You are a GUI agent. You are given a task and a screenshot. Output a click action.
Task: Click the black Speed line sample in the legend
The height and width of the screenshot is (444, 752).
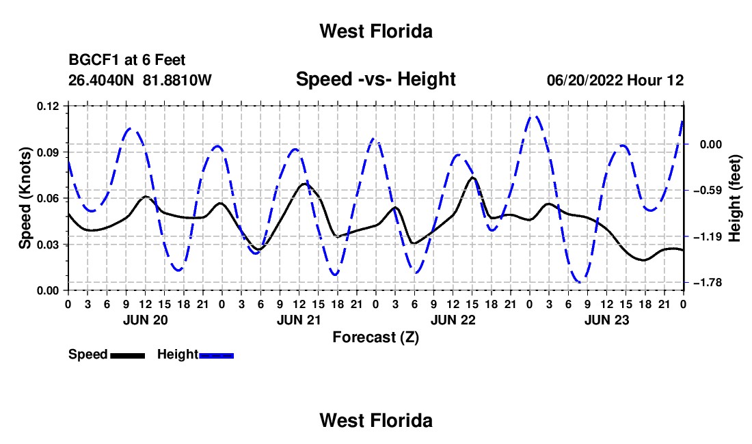tap(128, 355)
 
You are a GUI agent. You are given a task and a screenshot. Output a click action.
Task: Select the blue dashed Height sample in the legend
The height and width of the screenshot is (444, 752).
tap(216, 355)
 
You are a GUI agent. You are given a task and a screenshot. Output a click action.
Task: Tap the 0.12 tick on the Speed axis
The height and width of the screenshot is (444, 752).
tap(48, 107)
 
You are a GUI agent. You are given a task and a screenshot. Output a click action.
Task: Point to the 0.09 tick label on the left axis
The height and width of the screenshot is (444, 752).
tap(48, 152)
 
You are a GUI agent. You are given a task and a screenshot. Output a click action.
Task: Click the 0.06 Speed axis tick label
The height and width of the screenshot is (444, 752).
tap(48, 198)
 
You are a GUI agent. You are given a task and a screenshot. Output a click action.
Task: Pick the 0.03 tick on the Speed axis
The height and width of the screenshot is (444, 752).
tap(48, 245)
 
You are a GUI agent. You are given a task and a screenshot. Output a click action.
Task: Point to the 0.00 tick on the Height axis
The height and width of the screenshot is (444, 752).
tap(711, 145)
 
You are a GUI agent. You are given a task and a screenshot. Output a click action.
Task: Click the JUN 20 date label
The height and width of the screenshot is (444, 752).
tap(146, 320)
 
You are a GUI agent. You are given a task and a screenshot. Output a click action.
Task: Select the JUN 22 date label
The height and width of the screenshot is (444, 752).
tap(453, 320)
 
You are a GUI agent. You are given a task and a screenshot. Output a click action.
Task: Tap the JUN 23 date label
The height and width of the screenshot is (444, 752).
tap(606, 320)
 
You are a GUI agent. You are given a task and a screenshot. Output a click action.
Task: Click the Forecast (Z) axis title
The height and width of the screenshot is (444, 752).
tap(376, 337)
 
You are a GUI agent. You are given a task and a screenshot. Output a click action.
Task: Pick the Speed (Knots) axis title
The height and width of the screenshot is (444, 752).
tap(25, 198)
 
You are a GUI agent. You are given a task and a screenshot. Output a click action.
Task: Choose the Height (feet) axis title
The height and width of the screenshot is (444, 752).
tap(734, 198)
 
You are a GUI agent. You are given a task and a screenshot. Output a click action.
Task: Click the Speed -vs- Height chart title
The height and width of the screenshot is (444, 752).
tap(376, 79)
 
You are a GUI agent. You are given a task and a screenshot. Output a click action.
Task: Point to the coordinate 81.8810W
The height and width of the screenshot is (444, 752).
tap(178, 80)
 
